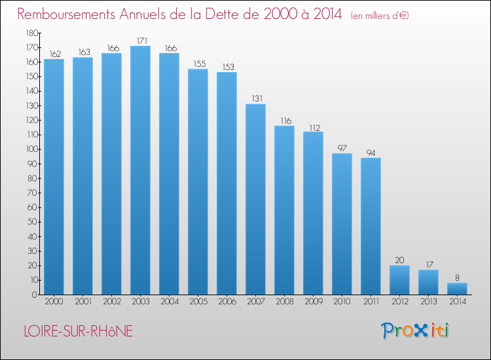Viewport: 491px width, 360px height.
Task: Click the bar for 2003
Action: [x=140, y=170]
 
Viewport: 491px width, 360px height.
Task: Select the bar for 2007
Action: [x=255, y=199]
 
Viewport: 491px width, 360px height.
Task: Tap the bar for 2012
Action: [x=399, y=279]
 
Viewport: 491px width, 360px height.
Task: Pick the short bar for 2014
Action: [x=457, y=289]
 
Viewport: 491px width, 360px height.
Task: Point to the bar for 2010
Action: [x=342, y=224]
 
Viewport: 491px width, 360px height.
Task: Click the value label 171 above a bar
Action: [x=140, y=41]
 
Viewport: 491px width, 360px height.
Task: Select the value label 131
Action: [x=255, y=99]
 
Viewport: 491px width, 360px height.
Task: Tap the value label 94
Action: [x=371, y=153]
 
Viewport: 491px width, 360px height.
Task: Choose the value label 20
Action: [x=399, y=260]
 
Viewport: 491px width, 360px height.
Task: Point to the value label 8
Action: [x=457, y=278]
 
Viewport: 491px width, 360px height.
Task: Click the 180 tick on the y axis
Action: [x=30, y=33]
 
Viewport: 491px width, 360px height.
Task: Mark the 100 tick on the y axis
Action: [x=30, y=149]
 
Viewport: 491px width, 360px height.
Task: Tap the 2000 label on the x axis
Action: [x=54, y=302]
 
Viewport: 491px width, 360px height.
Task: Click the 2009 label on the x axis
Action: [x=313, y=302]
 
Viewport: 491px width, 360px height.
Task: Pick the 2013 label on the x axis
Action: [x=428, y=302]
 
